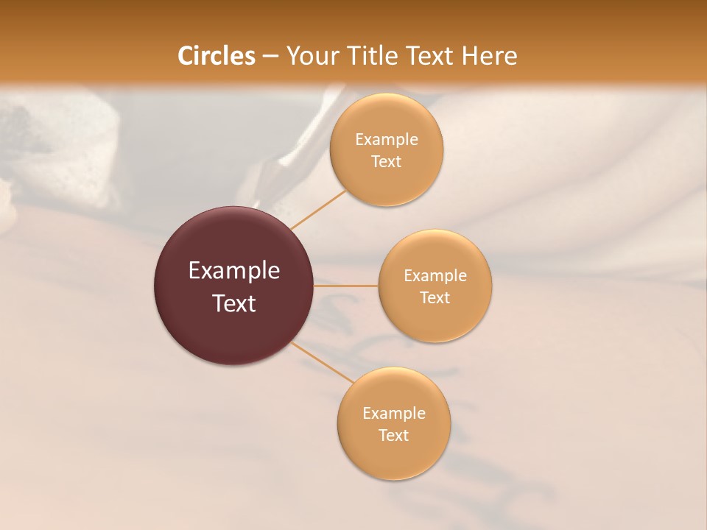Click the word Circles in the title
click(216, 56)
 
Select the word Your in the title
click(310, 56)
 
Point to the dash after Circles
click(270, 57)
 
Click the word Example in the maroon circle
click(234, 271)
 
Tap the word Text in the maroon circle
click(234, 303)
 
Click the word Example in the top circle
click(386, 140)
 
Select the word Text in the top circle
click(386, 161)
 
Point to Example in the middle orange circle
click(435, 276)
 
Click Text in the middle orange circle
click(435, 297)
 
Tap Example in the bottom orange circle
click(394, 414)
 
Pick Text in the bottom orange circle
click(394, 435)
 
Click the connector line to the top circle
click(318, 209)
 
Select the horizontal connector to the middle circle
click(346, 286)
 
